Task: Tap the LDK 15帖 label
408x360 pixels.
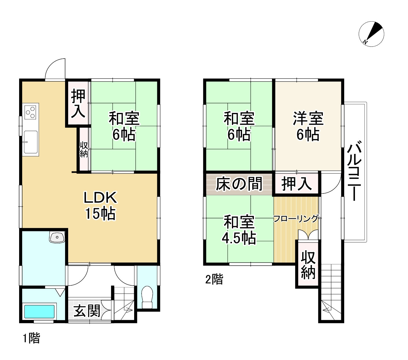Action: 100,205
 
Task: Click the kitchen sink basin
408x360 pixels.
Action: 31,142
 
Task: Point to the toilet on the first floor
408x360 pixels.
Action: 147,297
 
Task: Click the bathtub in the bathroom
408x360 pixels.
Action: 39,311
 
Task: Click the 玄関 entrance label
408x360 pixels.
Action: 87,311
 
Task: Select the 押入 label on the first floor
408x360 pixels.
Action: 78,104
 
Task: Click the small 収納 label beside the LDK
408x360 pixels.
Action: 84,150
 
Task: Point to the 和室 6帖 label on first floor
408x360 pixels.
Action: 124,126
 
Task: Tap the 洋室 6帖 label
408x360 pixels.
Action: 308,126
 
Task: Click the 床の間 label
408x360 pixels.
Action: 239,184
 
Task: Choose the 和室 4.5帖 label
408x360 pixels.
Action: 239,230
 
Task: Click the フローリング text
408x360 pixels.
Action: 296,219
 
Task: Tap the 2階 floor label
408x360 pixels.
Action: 214,279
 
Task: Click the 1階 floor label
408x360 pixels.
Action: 31,338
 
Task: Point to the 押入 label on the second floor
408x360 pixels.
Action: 296,184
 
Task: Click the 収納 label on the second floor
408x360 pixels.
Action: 308,265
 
